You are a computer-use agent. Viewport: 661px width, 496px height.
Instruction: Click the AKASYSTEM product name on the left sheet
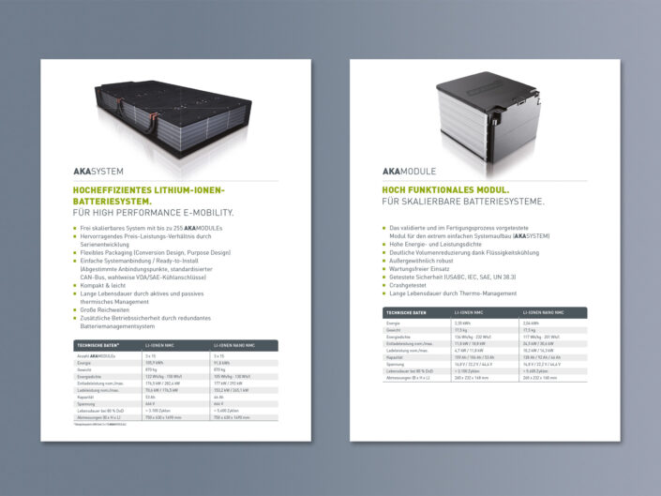(x=98, y=172)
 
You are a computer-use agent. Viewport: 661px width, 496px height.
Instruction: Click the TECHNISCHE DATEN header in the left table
(x=95, y=346)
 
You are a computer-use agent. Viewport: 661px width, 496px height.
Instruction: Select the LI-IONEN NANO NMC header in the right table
(x=544, y=312)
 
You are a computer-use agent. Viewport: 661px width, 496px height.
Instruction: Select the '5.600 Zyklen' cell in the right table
(x=537, y=372)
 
